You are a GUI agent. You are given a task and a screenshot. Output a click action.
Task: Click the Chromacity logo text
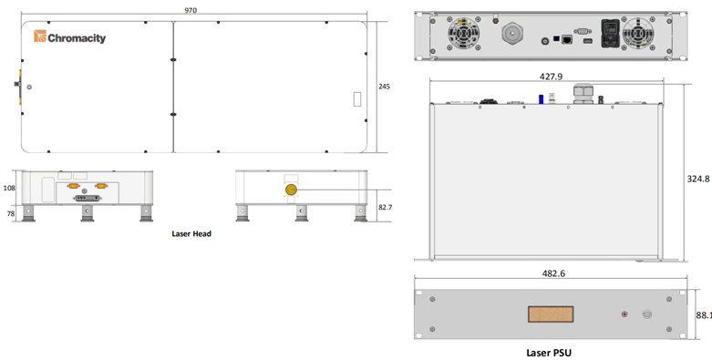click(77, 38)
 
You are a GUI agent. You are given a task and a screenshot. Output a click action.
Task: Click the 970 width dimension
click(191, 10)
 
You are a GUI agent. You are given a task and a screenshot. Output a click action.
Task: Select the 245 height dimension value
click(384, 87)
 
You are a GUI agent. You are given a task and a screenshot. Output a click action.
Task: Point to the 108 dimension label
click(9, 188)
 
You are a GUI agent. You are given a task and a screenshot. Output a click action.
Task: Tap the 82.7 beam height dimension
click(385, 207)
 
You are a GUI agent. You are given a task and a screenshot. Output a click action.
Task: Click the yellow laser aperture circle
click(291, 190)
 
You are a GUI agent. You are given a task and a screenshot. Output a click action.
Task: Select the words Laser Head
click(191, 234)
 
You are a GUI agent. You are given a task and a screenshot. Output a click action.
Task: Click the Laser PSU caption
click(549, 353)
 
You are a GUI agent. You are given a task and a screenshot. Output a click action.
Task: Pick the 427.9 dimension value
click(551, 77)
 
